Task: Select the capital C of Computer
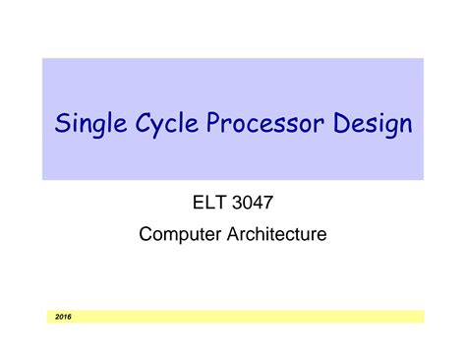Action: (x=147, y=235)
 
